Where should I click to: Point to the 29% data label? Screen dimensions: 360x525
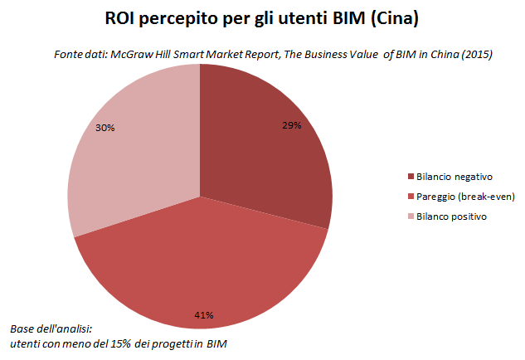[290, 125]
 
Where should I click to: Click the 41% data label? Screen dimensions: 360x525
[204, 314]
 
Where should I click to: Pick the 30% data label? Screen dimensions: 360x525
[105, 129]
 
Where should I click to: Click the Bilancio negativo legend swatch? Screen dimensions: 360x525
[411, 176]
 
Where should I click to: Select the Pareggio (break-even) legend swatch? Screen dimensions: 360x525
[411, 196]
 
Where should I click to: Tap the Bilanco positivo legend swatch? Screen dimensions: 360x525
[411, 216]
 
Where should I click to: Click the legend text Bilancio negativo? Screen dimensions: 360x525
[455, 176]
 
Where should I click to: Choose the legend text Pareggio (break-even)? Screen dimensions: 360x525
[462, 196]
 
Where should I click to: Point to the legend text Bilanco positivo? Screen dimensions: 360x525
[452, 216]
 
